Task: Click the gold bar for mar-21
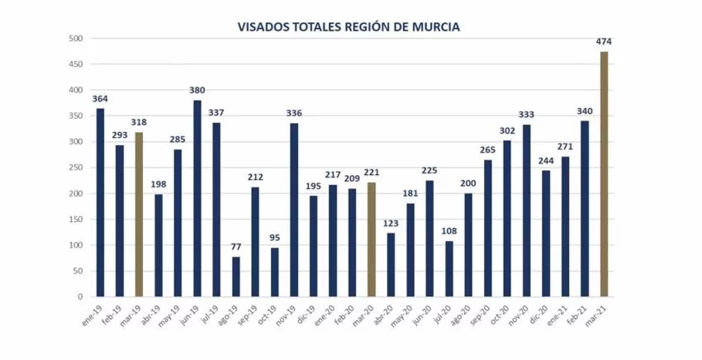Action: coord(604,174)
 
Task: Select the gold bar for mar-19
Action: coord(139,215)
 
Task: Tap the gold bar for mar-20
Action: coord(372,239)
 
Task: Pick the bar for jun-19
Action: coord(197,198)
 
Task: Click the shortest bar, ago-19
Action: coord(236,277)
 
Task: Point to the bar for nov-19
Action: coord(294,210)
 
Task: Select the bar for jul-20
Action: coord(449,268)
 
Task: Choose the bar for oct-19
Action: coord(274,272)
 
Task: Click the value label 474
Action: coord(604,41)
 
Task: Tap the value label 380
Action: coord(197,91)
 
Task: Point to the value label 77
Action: coord(236,247)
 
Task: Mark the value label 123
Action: coord(391,223)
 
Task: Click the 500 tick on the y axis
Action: coord(76,39)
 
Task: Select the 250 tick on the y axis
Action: coord(76,168)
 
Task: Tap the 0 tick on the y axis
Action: coord(81,296)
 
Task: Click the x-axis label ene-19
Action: coord(92,314)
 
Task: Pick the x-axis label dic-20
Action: coord(538,314)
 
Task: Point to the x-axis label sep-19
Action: coord(247,314)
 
